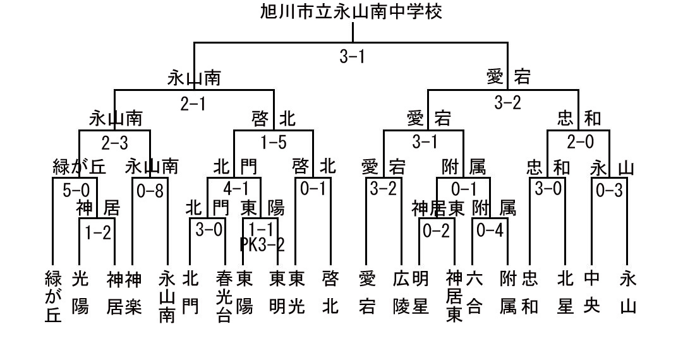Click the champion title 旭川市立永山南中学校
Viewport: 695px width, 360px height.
(351, 11)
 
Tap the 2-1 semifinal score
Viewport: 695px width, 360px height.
(193, 104)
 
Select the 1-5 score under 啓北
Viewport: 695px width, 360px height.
(274, 142)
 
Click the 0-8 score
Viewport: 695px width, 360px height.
(150, 191)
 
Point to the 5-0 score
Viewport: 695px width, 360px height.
(76, 190)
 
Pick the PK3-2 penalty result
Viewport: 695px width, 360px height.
(262, 244)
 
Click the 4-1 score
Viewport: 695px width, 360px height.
(236, 189)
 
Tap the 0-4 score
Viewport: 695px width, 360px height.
(490, 231)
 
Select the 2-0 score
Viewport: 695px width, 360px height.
(580, 141)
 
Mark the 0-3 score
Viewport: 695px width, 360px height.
(610, 190)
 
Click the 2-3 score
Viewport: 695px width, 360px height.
(115, 143)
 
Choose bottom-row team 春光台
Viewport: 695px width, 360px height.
(224, 296)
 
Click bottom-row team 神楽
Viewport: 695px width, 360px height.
(133, 292)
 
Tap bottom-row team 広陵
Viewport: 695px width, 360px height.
(401, 292)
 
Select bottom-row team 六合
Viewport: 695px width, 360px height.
(474, 292)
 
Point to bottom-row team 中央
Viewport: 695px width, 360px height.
(592, 292)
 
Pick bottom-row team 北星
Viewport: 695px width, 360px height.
(565, 292)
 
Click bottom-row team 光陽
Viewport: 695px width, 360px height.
(80, 292)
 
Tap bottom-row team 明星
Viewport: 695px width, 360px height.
(420, 292)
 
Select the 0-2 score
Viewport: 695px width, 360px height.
(437, 231)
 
